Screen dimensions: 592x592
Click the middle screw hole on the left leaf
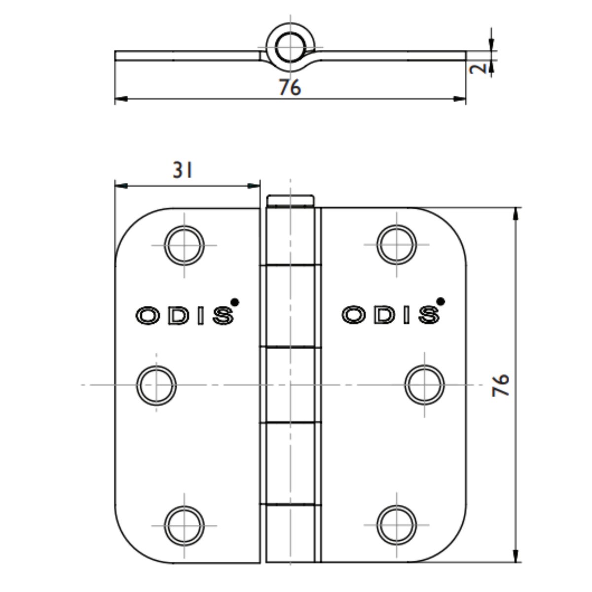pos(156,384)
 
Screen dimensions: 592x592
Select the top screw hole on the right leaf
pos(397,244)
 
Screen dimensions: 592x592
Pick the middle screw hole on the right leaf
pos(425,384)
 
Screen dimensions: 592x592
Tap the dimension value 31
pos(183,171)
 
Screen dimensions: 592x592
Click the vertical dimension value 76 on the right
pos(501,385)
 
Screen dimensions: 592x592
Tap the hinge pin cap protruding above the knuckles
pos(291,201)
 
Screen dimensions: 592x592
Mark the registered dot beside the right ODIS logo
pos(441,301)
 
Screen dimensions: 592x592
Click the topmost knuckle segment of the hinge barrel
pos(291,236)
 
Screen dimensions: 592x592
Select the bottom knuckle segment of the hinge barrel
pos(291,533)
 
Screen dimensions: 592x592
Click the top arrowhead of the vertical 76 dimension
pos(516,213)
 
